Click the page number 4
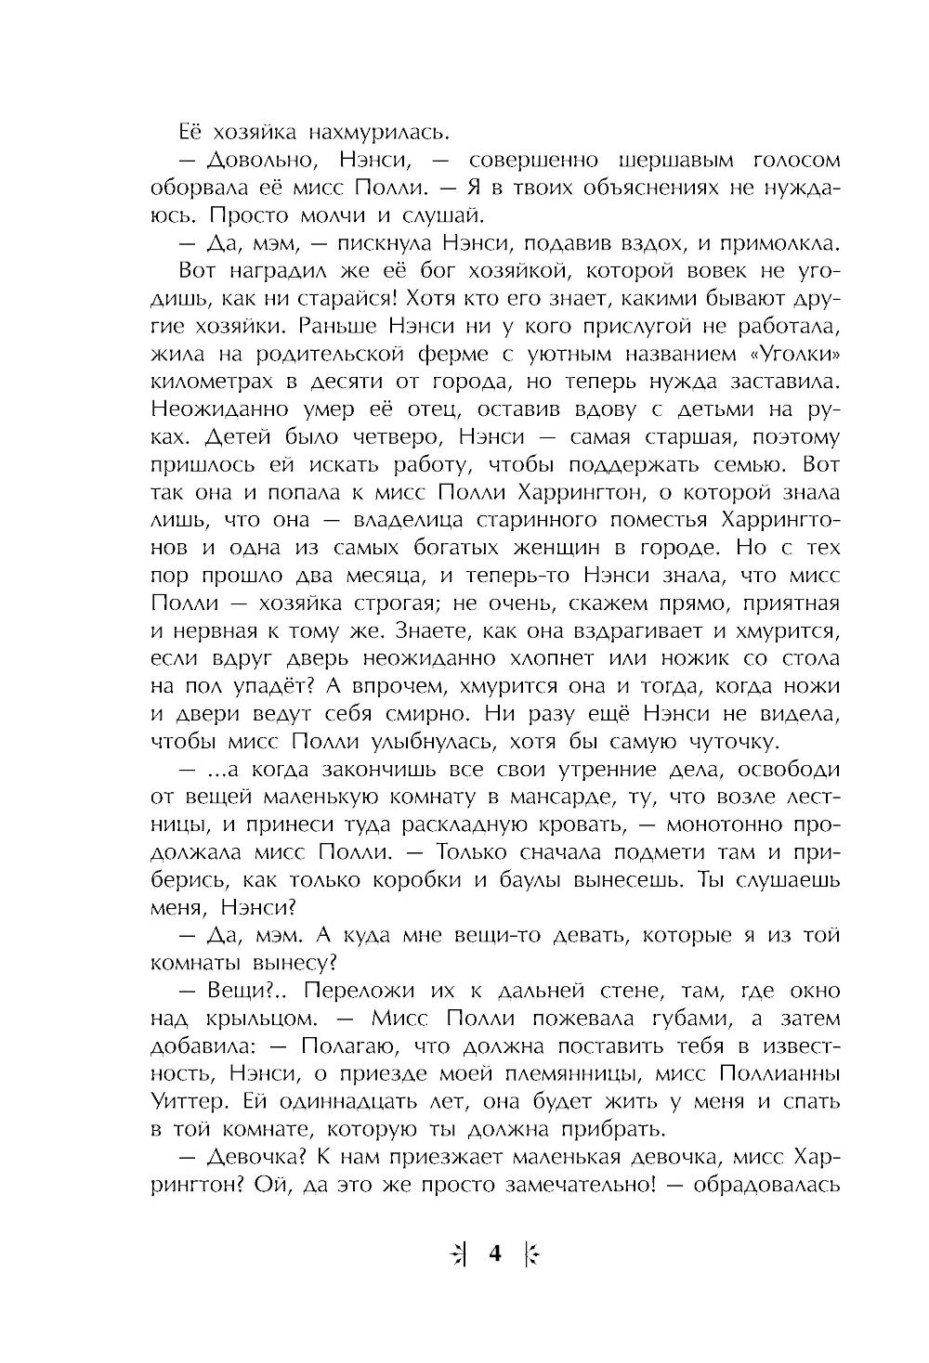tap(494, 1254)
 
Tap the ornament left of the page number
tap(457, 1255)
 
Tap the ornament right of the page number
tap(532, 1255)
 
